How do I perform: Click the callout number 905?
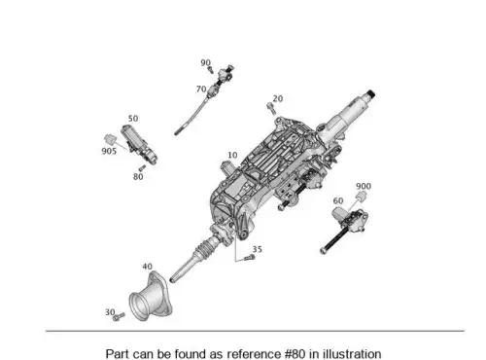click(x=109, y=151)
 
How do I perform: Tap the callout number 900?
click(x=364, y=186)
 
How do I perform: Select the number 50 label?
click(x=133, y=119)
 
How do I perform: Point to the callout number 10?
click(x=232, y=156)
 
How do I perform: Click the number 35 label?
click(x=257, y=249)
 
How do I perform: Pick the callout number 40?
click(x=147, y=267)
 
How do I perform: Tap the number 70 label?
click(x=201, y=89)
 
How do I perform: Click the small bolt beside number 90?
click(x=211, y=69)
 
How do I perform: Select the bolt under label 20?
click(x=271, y=108)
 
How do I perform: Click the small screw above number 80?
click(x=142, y=168)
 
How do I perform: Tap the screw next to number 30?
click(x=119, y=316)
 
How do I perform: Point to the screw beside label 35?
click(x=249, y=258)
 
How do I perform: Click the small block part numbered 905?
click(x=110, y=139)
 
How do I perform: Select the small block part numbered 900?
click(x=362, y=196)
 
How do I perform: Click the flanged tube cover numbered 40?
click(x=151, y=297)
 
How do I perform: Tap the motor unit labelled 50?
click(x=139, y=145)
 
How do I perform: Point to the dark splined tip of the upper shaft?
click(x=371, y=94)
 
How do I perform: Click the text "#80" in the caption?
click(x=295, y=353)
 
